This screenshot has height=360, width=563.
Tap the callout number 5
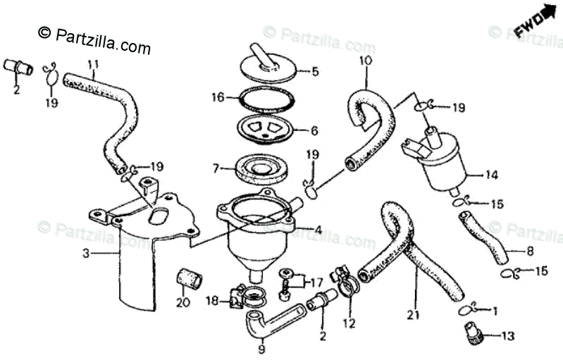click(x=315, y=70)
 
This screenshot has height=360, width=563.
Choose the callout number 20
click(x=182, y=304)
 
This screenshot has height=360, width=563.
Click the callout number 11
click(x=92, y=64)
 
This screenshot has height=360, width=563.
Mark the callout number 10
click(x=364, y=61)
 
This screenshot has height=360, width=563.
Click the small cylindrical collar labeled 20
click(x=188, y=277)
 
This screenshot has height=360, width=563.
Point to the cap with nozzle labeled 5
click(x=266, y=66)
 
